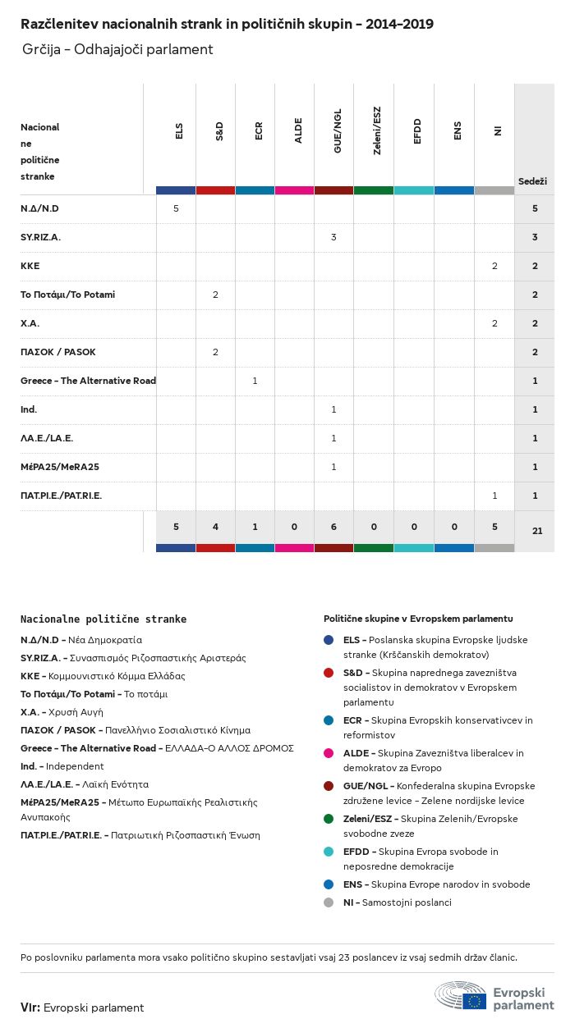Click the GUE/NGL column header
click(337, 131)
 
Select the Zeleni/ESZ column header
click(376, 131)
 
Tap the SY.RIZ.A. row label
click(40, 237)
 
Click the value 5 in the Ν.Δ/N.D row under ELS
click(176, 208)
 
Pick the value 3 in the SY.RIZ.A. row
click(333, 237)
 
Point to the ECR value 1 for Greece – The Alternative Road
click(255, 381)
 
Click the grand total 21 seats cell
click(537, 531)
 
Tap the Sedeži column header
click(532, 180)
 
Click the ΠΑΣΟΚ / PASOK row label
click(57, 352)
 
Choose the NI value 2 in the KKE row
click(494, 266)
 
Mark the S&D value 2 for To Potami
click(215, 295)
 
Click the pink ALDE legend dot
click(329, 753)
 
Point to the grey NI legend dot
click(329, 902)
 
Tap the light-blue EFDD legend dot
click(329, 852)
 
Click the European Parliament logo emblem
click(461, 995)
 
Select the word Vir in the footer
click(30, 1007)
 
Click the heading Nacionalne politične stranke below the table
click(103, 619)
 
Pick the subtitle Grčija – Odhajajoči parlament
click(117, 49)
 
